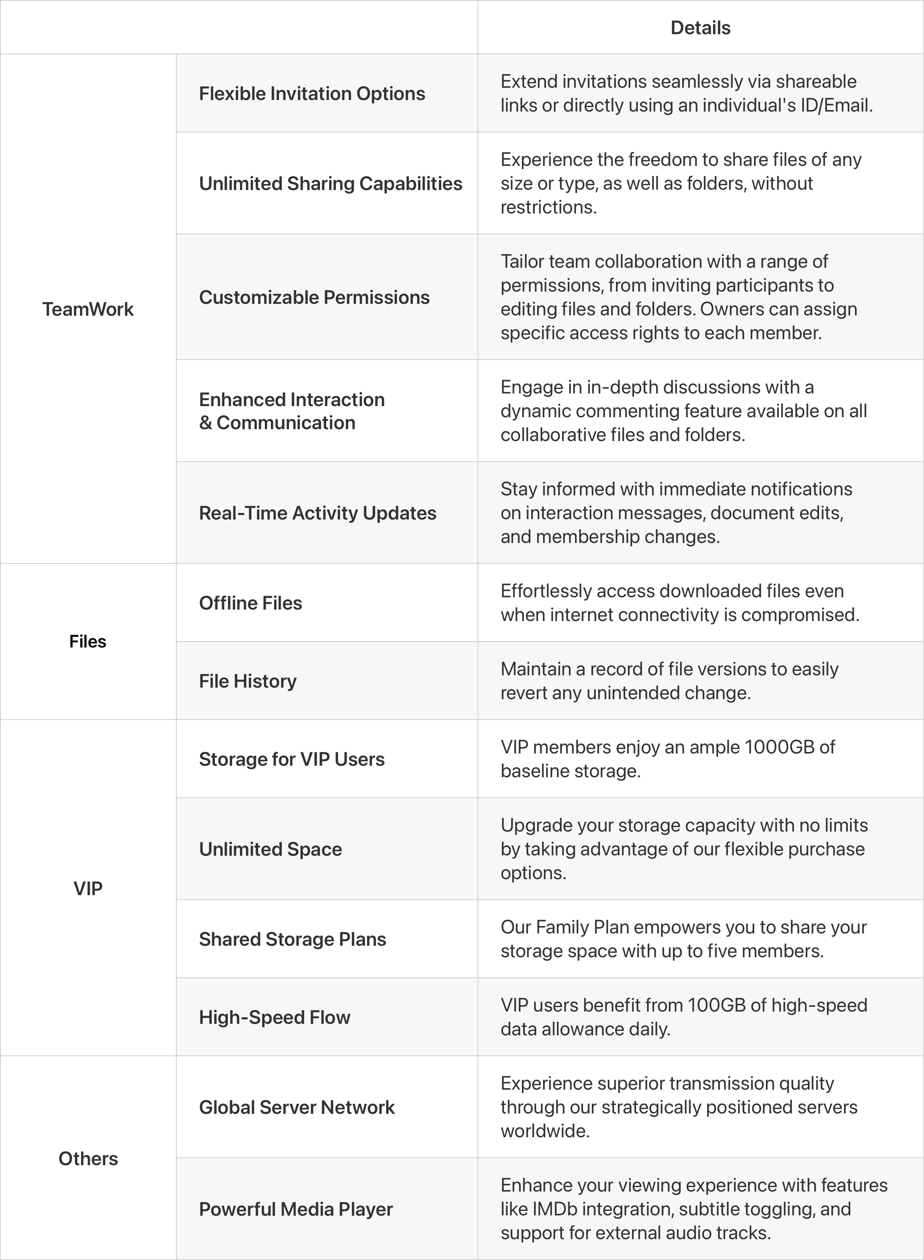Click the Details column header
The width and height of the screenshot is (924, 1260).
tap(700, 28)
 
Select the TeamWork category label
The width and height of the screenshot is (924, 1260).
tap(88, 309)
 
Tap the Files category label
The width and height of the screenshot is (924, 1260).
tap(88, 642)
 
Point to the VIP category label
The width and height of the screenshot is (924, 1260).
tap(88, 888)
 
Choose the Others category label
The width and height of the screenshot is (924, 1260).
tap(88, 1158)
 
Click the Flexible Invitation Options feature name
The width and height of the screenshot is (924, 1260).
tap(312, 93)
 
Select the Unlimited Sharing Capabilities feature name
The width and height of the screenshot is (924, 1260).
tap(331, 183)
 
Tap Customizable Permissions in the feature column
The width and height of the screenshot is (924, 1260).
tap(314, 297)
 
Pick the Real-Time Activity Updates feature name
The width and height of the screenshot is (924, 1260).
tap(318, 513)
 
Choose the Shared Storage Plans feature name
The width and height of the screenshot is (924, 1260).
tap(292, 939)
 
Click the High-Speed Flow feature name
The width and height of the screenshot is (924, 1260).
tap(275, 1017)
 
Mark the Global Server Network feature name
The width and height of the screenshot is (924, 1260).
tap(297, 1107)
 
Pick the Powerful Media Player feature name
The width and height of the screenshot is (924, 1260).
tap(296, 1209)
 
